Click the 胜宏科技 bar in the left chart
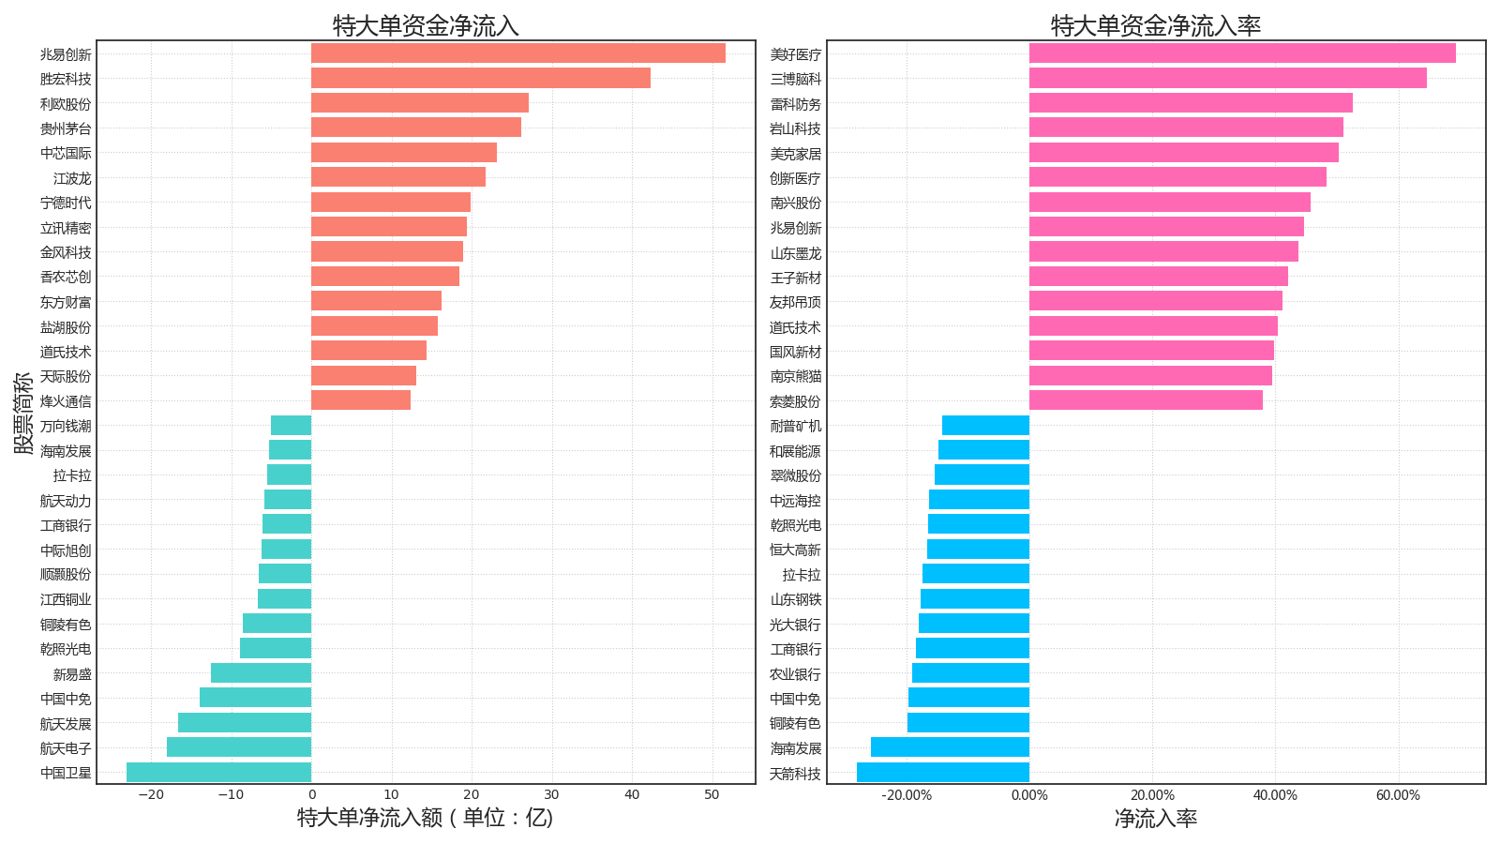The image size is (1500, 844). [480, 78]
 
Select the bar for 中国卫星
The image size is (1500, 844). [218, 773]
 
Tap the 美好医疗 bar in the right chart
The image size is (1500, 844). [1242, 53]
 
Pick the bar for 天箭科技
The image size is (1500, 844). [942, 773]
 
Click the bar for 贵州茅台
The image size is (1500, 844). [415, 128]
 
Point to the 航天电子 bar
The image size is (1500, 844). [238, 747]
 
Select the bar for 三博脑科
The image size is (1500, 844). [1227, 78]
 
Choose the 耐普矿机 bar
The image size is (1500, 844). [985, 426]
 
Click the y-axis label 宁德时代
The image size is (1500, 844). [66, 203]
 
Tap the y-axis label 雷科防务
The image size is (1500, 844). [795, 104]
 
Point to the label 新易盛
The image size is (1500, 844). [72, 674]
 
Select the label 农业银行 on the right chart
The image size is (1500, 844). [795, 674]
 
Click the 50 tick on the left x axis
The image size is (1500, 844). [712, 795]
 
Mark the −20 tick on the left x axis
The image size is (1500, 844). [150, 795]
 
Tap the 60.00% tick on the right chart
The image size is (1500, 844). [1398, 795]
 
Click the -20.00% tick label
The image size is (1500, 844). [907, 795]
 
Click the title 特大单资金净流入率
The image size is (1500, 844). [1156, 25]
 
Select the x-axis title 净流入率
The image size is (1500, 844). [1156, 819]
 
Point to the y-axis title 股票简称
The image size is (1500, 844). [22, 413]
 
